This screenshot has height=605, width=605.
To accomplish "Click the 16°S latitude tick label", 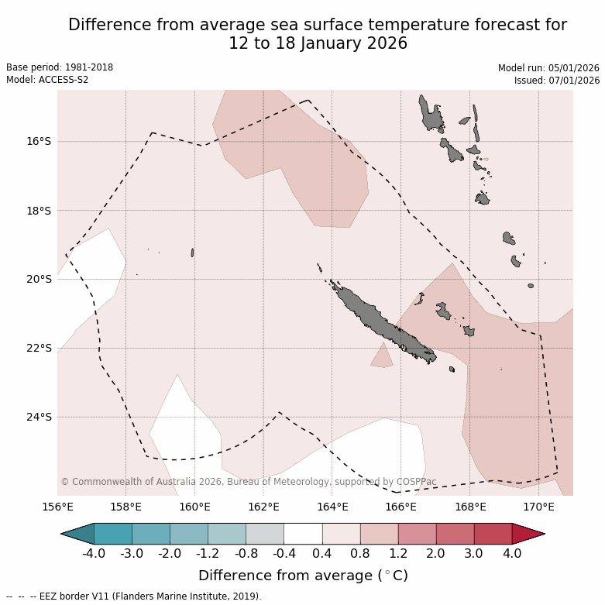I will (x=39, y=141).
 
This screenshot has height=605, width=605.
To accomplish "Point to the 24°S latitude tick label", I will (x=39, y=417).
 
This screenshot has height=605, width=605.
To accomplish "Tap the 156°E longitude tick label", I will (x=57, y=507).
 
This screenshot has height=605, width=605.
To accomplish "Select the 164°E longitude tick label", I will (x=332, y=507).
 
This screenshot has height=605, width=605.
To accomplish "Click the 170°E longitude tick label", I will (x=538, y=507).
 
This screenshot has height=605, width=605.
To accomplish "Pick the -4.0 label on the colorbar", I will (x=94, y=554).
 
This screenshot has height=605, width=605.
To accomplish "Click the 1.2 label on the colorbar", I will (x=398, y=554).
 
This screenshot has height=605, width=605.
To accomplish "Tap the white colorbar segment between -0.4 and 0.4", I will (x=303, y=534).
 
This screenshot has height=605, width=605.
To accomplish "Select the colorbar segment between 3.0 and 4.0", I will (x=493, y=534).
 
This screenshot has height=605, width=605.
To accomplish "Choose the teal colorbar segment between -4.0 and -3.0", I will (x=112, y=534).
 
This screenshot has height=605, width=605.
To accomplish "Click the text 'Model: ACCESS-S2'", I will (x=47, y=80).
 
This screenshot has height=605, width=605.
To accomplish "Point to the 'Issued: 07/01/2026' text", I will (x=557, y=80).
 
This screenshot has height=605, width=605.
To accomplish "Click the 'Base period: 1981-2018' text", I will (x=60, y=67).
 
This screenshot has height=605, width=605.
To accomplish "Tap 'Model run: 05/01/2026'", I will (x=548, y=67).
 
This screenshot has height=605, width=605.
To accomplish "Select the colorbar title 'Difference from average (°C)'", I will (x=303, y=576).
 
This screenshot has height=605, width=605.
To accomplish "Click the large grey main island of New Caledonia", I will (x=380, y=321).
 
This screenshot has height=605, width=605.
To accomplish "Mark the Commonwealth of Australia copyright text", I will (x=248, y=482).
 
